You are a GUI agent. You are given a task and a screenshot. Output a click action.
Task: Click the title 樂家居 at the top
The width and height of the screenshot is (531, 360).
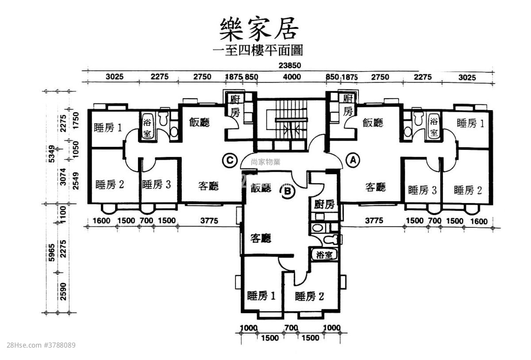[x=259, y=29]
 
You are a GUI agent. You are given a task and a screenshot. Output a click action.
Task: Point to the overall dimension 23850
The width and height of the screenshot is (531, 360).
[x=290, y=65]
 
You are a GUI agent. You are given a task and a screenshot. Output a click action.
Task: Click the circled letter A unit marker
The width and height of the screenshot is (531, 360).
[x=353, y=161]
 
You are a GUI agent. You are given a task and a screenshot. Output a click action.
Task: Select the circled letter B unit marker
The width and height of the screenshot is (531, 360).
[x=287, y=191]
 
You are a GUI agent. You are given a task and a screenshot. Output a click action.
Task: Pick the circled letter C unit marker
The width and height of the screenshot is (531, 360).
[x=229, y=161]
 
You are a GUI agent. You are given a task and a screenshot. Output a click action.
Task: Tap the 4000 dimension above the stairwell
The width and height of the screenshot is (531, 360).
[x=292, y=77]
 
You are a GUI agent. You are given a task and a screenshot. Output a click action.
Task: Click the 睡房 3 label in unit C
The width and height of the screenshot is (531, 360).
[x=156, y=184]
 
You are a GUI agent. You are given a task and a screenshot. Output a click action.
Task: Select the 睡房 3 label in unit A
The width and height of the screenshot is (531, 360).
[x=422, y=190]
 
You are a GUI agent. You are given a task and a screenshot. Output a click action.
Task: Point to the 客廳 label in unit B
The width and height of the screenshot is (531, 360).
[x=261, y=238]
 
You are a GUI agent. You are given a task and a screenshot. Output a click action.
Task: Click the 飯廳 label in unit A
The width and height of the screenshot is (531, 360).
[x=373, y=123]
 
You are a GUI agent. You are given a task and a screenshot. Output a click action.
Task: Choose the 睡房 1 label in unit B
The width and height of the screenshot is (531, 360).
[x=261, y=296]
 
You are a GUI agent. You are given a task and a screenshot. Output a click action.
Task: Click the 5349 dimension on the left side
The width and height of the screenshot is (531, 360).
[x=52, y=153]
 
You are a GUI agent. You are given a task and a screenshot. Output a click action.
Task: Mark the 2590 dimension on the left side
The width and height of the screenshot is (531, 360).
[x=63, y=291]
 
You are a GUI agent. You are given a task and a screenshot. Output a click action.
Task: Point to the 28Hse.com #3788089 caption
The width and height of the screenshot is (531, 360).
[x=41, y=345]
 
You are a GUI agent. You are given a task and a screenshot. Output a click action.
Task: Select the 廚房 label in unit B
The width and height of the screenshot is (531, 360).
[x=324, y=204]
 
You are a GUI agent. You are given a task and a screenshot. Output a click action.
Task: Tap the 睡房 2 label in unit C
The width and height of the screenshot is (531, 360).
[x=109, y=184]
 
